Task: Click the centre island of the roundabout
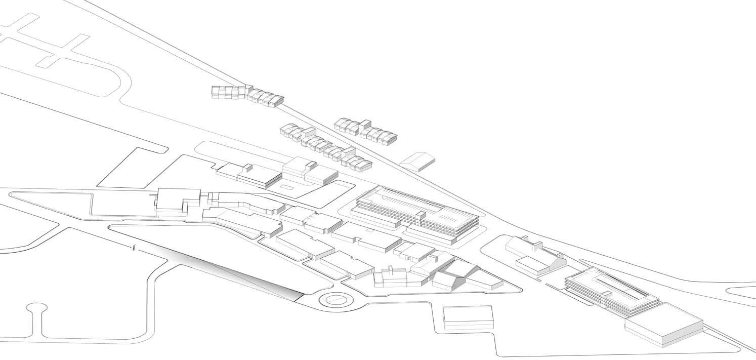tap(334, 300)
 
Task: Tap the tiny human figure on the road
tap(134, 247)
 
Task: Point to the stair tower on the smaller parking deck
tap(606, 297)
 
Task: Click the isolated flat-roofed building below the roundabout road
tap(468, 317)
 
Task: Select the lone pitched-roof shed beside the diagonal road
tap(418, 161)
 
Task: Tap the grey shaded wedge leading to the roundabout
tap(243, 273)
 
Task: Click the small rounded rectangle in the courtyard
tap(286, 188)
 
